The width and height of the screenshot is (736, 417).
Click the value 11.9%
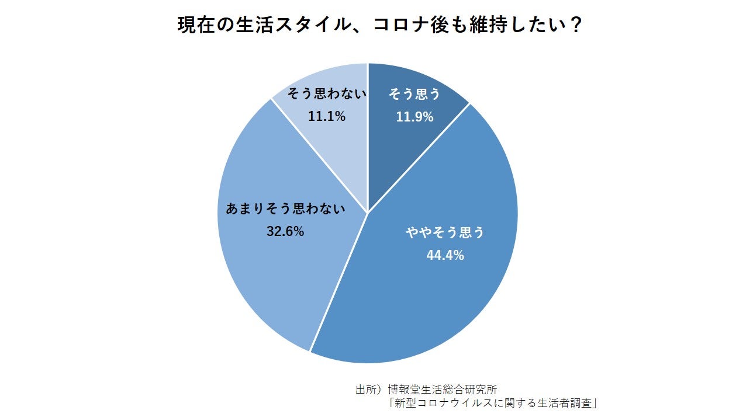pos(414,117)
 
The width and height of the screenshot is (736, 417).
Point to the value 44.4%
pos(445,255)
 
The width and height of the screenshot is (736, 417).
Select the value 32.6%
pos(285,231)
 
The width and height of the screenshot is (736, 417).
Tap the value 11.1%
pos(327,116)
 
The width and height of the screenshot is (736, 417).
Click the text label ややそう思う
pos(445,232)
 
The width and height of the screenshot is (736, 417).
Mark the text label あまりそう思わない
pos(286,208)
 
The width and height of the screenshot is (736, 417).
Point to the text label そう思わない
pos(327,94)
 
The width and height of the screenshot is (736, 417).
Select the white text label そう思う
pos(414,94)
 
